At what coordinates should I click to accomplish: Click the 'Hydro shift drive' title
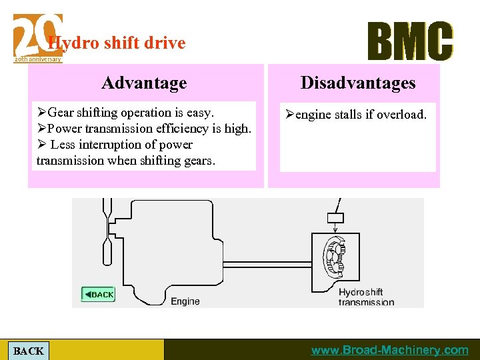point(117,43)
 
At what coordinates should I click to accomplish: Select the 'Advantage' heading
point(144,83)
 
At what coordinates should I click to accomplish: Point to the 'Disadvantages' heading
point(357,83)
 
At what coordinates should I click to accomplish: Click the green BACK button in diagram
point(98,294)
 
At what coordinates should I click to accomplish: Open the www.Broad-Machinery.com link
point(390,350)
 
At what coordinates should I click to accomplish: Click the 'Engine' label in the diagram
point(185,301)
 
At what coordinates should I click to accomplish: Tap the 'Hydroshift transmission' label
point(366,297)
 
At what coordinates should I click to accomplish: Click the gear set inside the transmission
point(333,257)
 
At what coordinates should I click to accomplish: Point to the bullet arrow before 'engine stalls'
point(289,115)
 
